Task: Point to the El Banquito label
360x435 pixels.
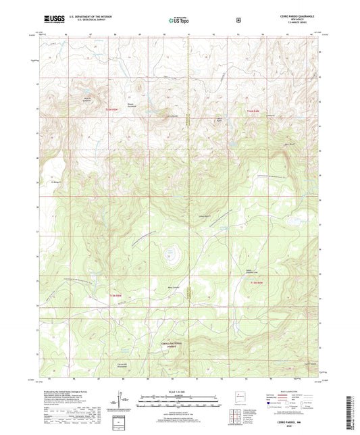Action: pyautogui.click(x=57, y=181)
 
